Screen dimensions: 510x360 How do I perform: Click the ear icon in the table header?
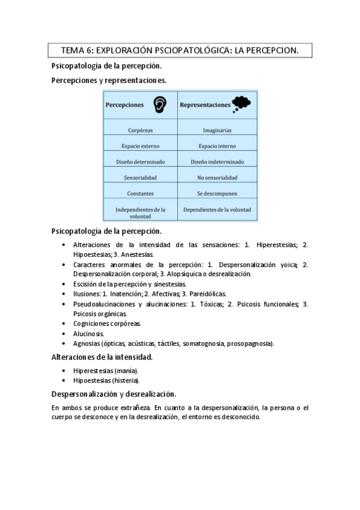click(x=159, y=105)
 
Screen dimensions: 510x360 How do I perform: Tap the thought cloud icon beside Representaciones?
click(x=242, y=104)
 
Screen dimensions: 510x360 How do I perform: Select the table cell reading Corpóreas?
click(x=141, y=129)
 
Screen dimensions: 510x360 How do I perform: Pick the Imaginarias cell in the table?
click(x=218, y=129)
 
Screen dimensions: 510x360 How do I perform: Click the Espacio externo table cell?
click(x=141, y=146)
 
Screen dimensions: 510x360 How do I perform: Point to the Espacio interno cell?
click(x=218, y=146)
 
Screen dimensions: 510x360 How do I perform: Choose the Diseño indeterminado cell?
click(x=218, y=162)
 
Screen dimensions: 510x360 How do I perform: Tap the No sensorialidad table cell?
click(x=218, y=178)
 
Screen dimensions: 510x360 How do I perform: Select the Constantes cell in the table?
click(x=141, y=194)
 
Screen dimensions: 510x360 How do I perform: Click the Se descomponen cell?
click(x=218, y=194)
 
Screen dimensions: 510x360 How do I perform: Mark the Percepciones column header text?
click(x=125, y=105)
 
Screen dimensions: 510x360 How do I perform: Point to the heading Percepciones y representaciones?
click(x=109, y=79)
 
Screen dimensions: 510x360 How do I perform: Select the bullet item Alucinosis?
click(x=88, y=333)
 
